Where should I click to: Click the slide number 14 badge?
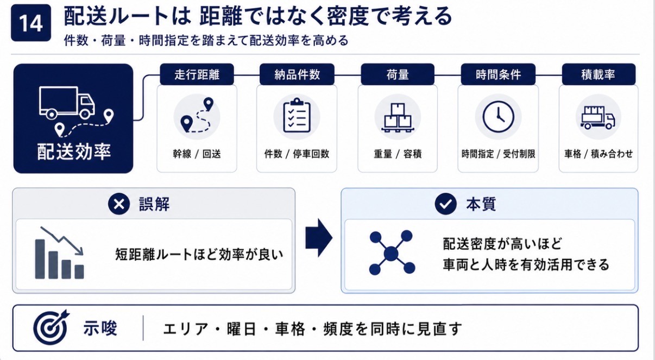(31, 23)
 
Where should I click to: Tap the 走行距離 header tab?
(197, 74)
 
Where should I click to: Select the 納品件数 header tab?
(297, 74)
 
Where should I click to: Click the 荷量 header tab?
(398, 74)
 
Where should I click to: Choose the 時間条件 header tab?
(498, 74)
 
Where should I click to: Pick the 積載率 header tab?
(599, 74)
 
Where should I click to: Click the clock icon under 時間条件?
(498, 117)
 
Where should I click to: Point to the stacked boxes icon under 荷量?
(398, 118)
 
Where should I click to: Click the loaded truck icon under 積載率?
(599, 118)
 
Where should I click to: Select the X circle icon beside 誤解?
(119, 204)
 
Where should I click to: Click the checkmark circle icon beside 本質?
(445, 204)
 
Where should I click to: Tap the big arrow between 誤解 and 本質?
(319, 238)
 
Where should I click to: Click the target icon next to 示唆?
(51, 327)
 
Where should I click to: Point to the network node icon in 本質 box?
(392, 253)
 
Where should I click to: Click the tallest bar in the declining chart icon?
(40, 259)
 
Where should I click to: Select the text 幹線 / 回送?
(197, 154)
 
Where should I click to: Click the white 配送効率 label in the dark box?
(74, 152)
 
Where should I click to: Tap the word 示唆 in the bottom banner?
(100, 328)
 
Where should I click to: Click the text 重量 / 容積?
(398, 154)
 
